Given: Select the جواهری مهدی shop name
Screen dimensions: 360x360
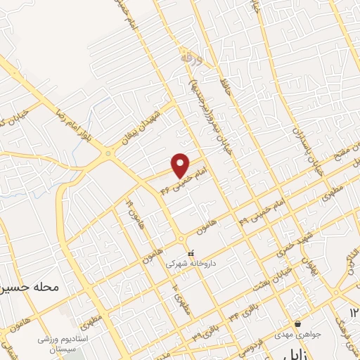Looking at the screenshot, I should pyautogui.click(x=298, y=336).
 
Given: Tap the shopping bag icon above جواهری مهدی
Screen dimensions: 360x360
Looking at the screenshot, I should pyautogui.click(x=298, y=325).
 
